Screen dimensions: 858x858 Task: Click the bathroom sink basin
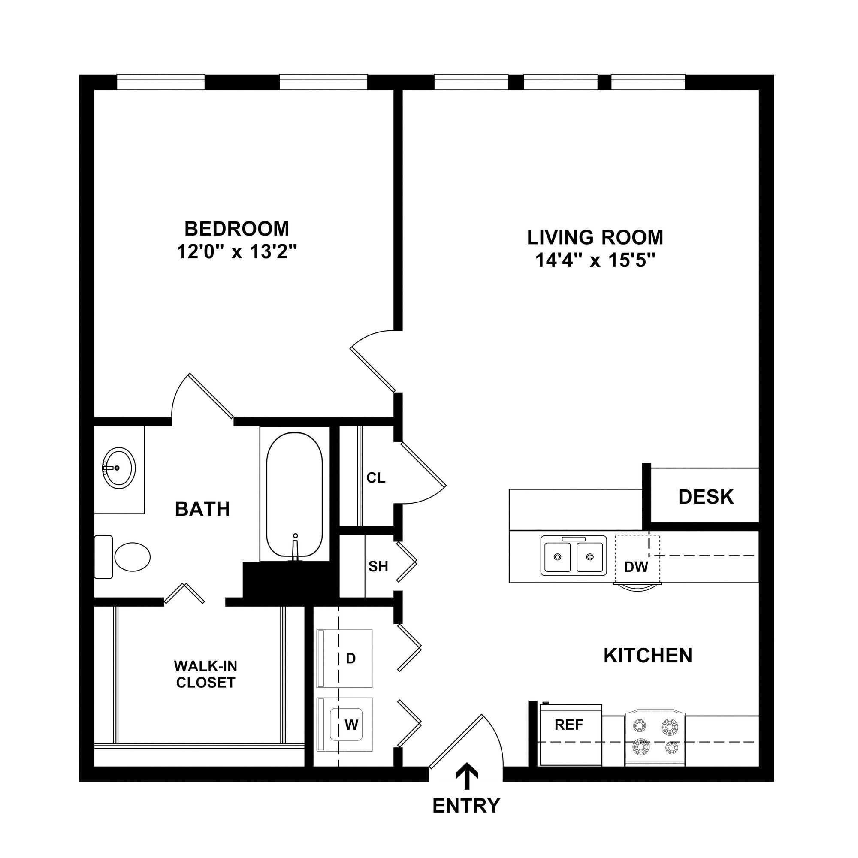pos(119,468)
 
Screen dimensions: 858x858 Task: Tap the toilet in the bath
pos(131,557)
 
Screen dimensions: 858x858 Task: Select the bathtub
pos(294,494)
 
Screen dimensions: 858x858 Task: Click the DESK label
pos(706,497)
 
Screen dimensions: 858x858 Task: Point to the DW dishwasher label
pos(636,567)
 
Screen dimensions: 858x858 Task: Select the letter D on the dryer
pos(351,659)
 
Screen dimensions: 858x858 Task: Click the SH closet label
pos(378,566)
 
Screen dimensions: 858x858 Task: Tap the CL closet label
pos(376,478)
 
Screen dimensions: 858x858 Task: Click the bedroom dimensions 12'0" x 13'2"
pos(236,252)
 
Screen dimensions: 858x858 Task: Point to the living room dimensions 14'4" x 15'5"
pos(595,260)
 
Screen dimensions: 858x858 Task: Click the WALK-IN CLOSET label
pos(205,674)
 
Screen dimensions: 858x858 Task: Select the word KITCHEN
pos(648,656)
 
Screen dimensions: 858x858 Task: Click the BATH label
pos(202,509)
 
